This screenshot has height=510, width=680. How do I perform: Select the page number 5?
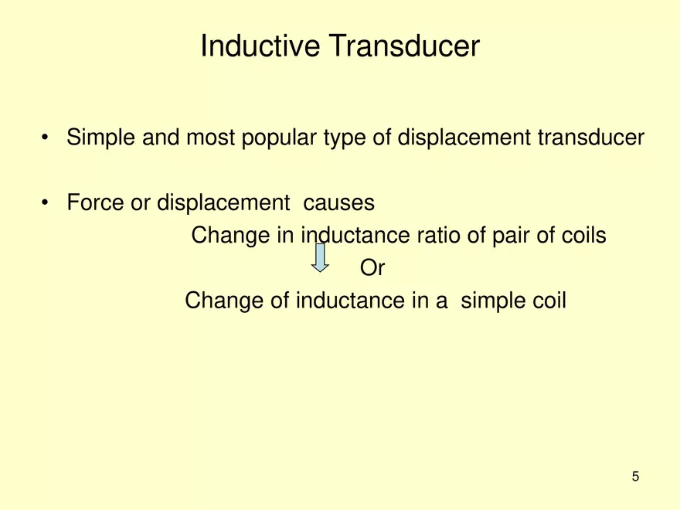pyautogui.click(x=635, y=477)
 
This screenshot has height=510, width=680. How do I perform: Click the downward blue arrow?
pyautogui.click(x=320, y=257)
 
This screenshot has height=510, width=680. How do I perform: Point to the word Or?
pyautogui.click(x=372, y=268)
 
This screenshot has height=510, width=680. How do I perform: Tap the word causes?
pyautogui.click(x=339, y=203)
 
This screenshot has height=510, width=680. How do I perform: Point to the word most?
pyautogui.click(x=209, y=139)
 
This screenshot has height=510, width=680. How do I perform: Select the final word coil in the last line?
pyautogui.click(x=546, y=300)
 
